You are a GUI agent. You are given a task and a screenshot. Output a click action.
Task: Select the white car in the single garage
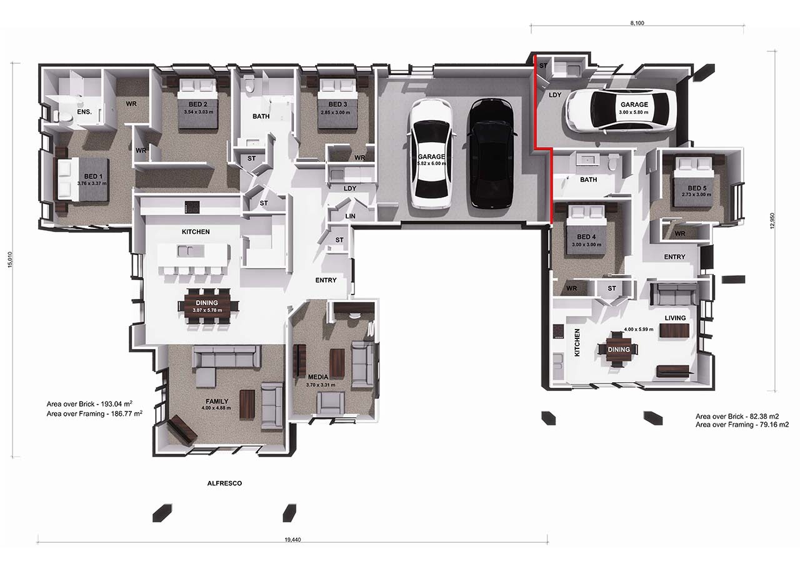tap(620, 111)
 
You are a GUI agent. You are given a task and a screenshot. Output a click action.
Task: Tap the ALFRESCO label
tap(224, 483)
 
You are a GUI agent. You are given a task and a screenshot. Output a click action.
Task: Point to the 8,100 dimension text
tap(636, 23)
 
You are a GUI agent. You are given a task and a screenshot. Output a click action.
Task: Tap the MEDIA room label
tap(318, 377)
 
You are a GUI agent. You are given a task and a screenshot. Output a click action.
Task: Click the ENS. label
tap(84, 112)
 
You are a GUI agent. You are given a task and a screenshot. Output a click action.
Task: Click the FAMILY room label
tap(217, 402)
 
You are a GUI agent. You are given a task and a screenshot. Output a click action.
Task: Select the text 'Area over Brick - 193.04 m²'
tap(94, 404)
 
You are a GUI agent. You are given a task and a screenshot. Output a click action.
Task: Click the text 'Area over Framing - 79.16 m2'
tap(742, 425)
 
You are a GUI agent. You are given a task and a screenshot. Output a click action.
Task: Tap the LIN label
tap(351, 216)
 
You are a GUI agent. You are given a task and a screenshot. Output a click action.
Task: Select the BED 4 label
tap(586, 236)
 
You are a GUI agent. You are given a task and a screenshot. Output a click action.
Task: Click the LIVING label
tap(675, 318)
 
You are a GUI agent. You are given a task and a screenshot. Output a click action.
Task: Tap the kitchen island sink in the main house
tap(186, 251)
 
